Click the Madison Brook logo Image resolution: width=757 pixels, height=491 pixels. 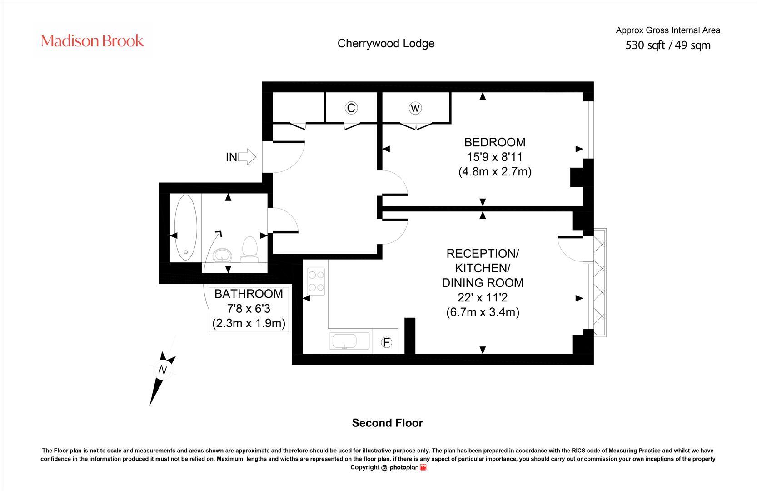93,41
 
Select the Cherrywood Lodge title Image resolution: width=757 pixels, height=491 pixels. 386,43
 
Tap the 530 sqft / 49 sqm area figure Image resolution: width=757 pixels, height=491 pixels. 668,45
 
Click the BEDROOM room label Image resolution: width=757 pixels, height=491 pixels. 495,142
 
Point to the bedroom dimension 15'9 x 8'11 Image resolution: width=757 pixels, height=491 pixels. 495,157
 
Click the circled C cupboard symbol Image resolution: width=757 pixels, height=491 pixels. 351,108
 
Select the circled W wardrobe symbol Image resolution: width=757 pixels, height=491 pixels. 415,108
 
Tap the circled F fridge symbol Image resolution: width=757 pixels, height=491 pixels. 386,342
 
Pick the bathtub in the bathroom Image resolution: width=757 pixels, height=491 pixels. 186,227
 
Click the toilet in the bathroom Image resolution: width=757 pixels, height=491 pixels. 249,249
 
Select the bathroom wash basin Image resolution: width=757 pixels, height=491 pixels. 222,255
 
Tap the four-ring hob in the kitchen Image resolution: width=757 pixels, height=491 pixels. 316,281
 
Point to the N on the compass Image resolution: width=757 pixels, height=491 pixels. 162,370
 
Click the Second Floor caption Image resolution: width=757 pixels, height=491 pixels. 387,423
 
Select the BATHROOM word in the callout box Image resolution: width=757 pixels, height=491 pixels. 249,294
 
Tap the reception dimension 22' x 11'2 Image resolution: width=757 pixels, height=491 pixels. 483,297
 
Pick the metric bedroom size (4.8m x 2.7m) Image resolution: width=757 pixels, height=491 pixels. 495,172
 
